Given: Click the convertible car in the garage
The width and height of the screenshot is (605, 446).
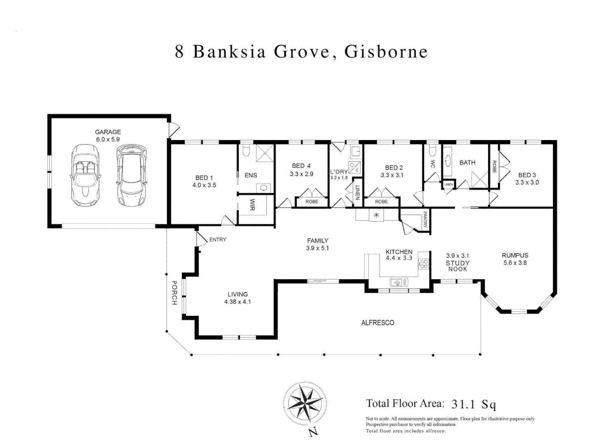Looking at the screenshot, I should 85,175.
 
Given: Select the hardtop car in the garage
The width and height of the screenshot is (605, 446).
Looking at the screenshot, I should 131,175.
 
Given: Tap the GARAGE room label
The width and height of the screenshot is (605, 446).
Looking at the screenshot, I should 108,132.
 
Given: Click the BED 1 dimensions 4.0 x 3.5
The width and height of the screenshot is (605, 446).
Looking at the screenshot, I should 204,185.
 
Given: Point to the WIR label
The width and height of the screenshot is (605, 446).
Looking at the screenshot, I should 253,205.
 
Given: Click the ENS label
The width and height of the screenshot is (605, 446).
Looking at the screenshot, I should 251,176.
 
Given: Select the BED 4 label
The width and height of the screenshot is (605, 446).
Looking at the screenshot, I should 301,166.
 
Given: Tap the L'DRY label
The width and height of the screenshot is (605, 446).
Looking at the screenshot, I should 338,172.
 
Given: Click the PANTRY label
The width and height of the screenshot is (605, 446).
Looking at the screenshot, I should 425,220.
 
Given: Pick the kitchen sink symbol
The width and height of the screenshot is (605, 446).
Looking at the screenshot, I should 399,282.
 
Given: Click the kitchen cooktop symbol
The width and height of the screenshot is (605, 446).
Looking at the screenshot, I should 424,264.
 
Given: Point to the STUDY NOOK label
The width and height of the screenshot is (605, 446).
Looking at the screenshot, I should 457,266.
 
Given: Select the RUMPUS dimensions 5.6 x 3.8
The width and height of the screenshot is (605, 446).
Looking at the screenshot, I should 515,263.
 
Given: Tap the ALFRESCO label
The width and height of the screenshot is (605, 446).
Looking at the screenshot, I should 377,323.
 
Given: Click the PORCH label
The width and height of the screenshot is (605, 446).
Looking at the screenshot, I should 174,293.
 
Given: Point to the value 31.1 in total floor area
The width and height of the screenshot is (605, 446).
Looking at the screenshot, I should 463,404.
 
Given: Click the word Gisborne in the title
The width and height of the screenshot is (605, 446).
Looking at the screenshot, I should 386,52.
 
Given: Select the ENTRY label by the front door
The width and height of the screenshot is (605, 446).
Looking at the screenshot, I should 217,240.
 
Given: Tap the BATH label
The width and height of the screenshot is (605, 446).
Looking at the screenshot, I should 467,163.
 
